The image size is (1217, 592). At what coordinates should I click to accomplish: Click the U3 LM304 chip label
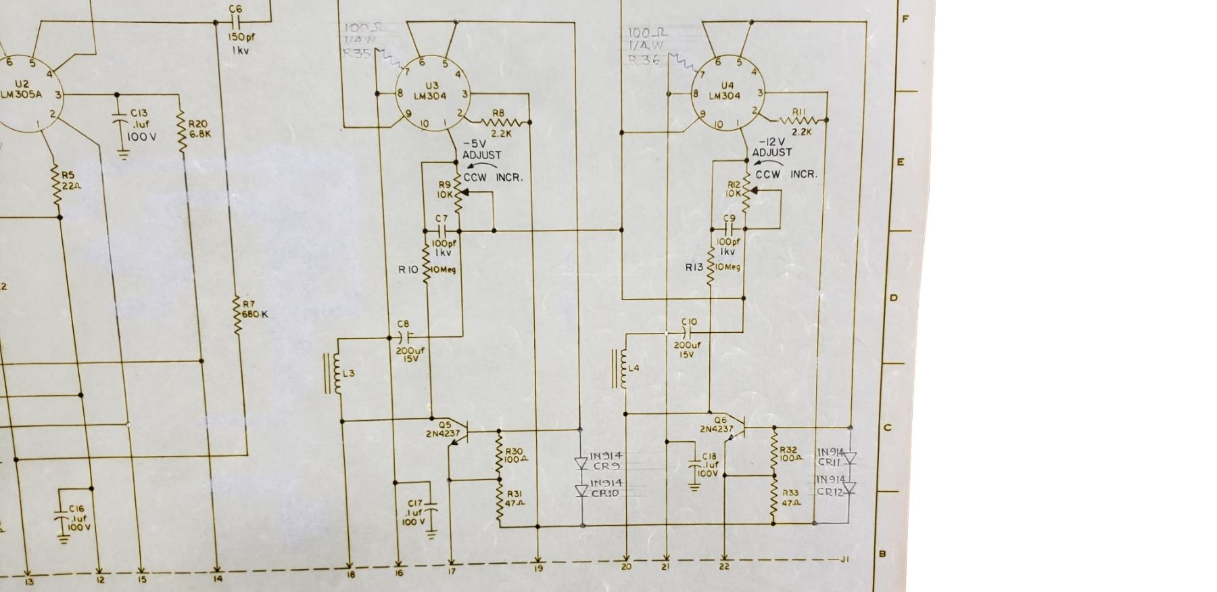pyautogui.click(x=431, y=91)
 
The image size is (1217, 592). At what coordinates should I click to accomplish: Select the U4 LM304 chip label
pyautogui.click(x=727, y=91)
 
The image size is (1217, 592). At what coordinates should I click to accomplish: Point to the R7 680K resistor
pyautogui.click(x=237, y=315)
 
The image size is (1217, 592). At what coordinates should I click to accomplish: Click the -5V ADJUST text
pyautogui.click(x=481, y=150)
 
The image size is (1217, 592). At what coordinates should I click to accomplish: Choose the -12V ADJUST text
pyautogui.click(x=771, y=147)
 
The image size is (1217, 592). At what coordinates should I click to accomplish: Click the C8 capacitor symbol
pyautogui.click(x=405, y=336)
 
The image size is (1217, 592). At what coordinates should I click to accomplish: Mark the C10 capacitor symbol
pyautogui.click(x=690, y=333)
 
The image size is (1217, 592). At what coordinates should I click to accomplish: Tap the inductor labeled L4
pyautogui.click(x=620, y=369)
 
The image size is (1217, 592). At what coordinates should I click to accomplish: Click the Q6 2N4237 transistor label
pyautogui.click(x=716, y=424)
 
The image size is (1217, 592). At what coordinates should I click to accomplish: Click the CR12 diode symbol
pyautogui.click(x=850, y=488)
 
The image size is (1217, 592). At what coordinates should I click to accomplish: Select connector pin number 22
pyautogui.click(x=724, y=566)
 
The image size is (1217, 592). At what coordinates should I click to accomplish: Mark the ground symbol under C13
pyautogui.click(x=123, y=156)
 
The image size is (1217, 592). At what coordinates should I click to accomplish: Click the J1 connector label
pyautogui.click(x=845, y=559)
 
